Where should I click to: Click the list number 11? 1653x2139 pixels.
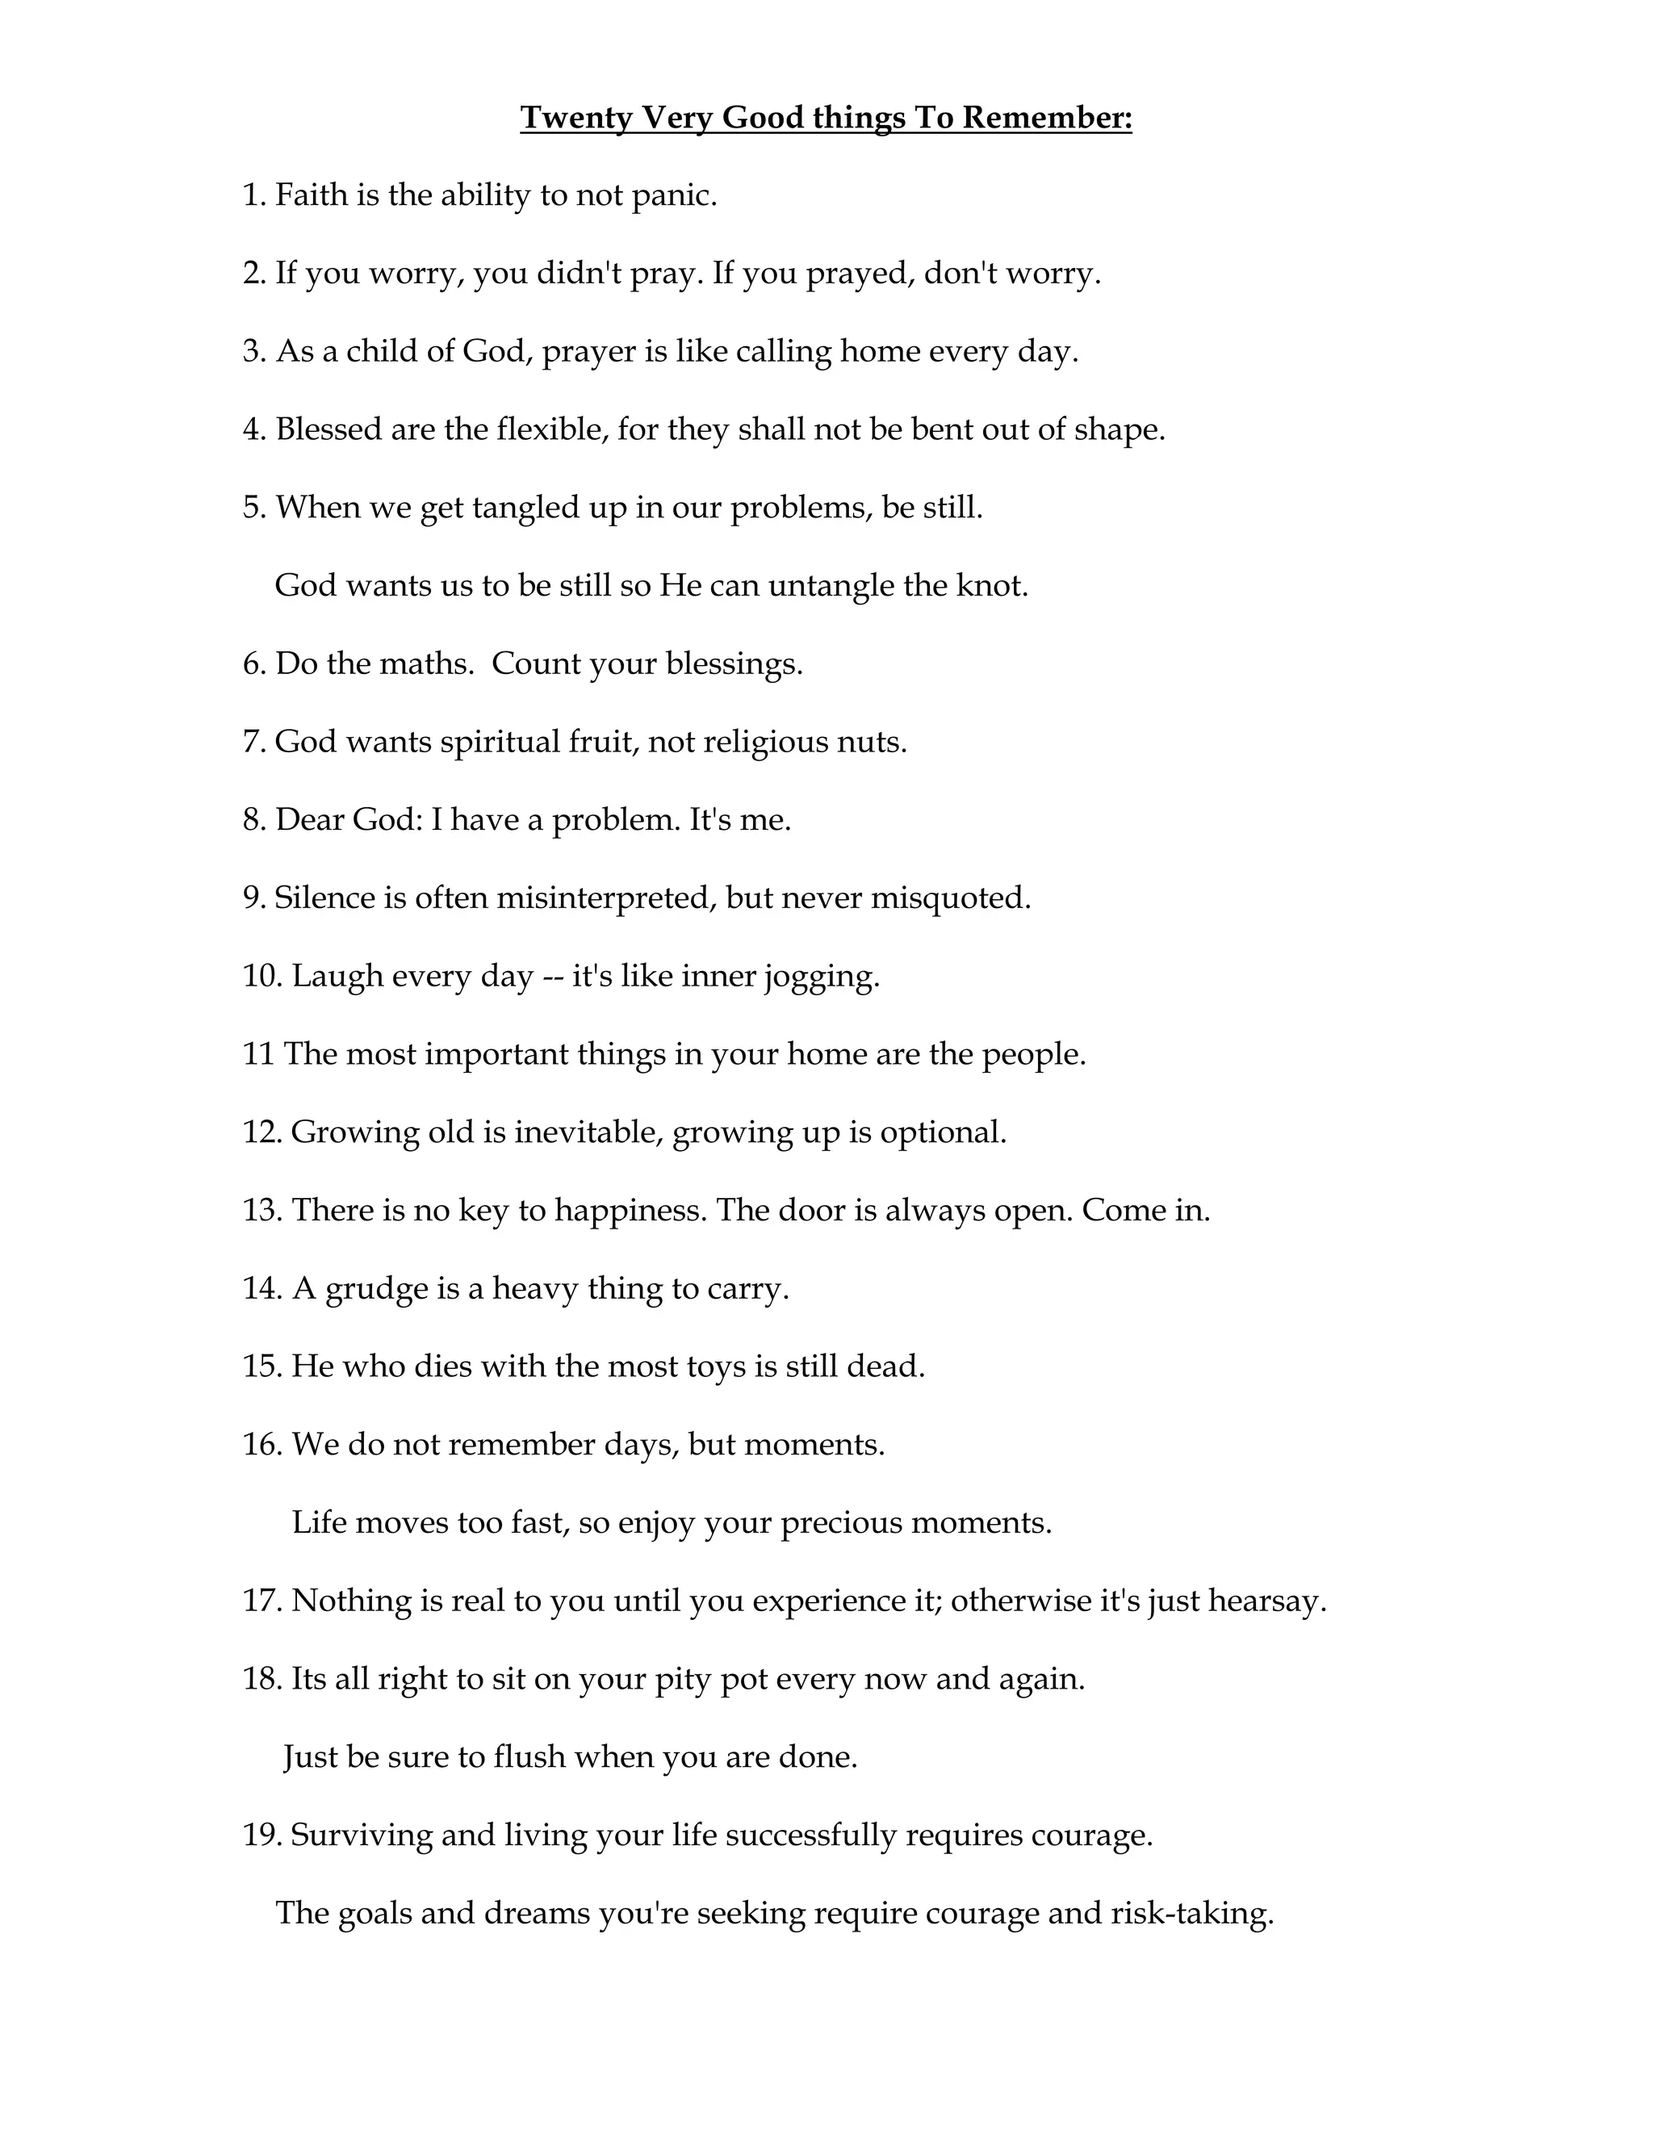[257, 1054]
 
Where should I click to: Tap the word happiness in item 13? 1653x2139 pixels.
[630, 1211]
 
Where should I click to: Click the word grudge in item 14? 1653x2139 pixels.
[377, 1289]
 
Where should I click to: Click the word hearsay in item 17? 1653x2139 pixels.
[1266, 1601]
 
